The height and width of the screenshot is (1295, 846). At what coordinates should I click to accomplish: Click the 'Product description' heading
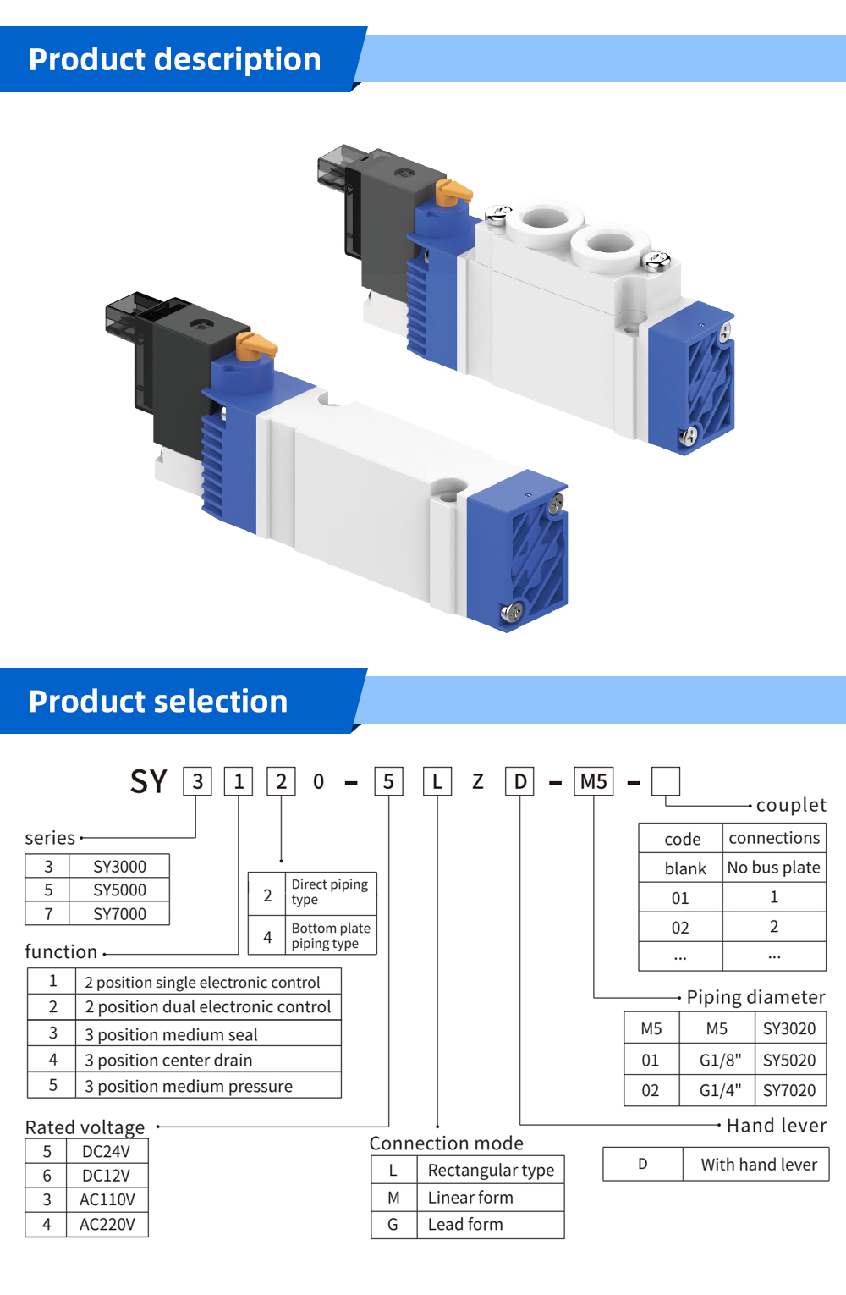(x=175, y=60)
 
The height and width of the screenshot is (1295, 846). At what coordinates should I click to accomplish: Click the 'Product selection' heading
(x=158, y=702)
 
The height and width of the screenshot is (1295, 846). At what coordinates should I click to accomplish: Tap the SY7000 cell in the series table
(x=119, y=914)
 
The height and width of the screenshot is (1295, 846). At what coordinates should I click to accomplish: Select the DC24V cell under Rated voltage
(x=106, y=1152)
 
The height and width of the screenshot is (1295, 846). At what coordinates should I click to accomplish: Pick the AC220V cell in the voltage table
(x=107, y=1225)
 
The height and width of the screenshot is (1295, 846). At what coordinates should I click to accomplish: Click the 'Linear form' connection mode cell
(x=470, y=1198)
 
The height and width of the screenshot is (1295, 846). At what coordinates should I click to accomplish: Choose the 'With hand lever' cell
(x=759, y=1165)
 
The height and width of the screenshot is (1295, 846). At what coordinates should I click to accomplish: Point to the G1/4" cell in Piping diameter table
(x=720, y=1090)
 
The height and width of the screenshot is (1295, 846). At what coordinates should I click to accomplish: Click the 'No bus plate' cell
(x=773, y=868)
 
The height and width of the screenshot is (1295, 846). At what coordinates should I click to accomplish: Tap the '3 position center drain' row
(x=168, y=1061)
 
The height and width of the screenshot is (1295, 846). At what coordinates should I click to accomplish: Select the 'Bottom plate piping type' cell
(x=331, y=936)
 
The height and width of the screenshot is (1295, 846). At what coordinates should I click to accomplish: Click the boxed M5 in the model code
(x=594, y=781)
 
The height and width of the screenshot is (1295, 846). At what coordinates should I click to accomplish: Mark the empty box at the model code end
(x=666, y=781)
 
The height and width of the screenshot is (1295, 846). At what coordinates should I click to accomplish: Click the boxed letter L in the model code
(x=437, y=781)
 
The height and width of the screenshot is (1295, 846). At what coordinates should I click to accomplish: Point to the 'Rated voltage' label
(x=85, y=1127)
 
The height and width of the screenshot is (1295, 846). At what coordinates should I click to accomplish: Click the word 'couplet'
(x=791, y=805)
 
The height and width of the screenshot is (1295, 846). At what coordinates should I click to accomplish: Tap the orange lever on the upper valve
(x=453, y=192)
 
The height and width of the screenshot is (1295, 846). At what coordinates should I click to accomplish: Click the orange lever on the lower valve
(x=255, y=345)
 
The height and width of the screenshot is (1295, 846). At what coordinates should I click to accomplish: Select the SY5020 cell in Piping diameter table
(x=789, y=1061)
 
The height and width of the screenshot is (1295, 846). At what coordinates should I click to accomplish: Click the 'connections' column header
(x=774, y=838)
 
